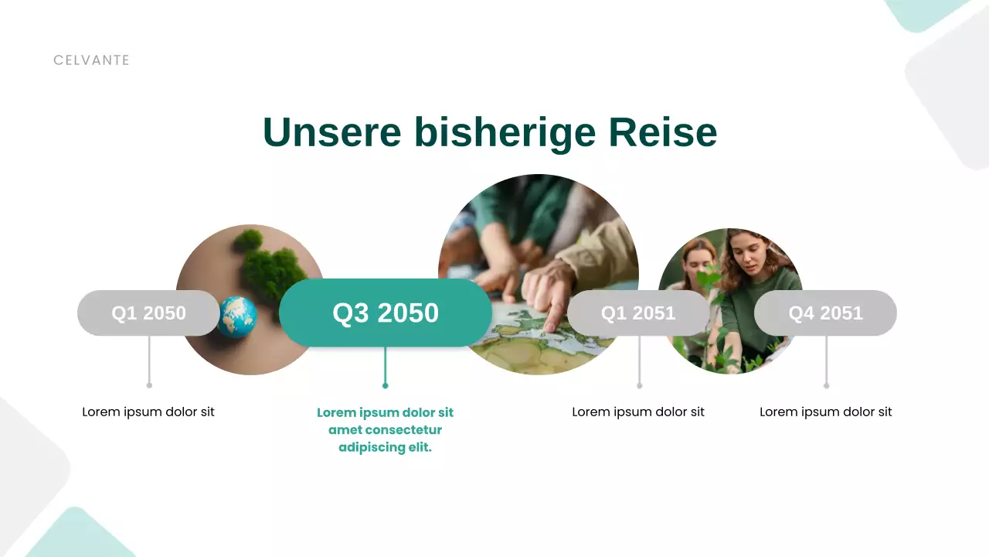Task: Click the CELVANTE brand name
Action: (x=91, y=60)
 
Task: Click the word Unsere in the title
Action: (x=331, y=132)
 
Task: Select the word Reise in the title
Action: (x=662, y=132)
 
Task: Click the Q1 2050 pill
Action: (x=148, y=313)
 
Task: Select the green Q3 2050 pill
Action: (x=385, y=313)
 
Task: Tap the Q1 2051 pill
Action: (x=638, y=313)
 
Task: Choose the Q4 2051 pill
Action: (x=825, y=313)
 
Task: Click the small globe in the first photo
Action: (x=237, y=316)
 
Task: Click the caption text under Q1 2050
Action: (x=148, y=412)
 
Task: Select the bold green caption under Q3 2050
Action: (x=385, y=429)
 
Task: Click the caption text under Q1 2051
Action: (x=638, y=412)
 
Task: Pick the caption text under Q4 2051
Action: (x=825, y=412)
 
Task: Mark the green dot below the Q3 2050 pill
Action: (x=385, y=385)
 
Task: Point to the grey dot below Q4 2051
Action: (x=826, y=385)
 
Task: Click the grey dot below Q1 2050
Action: (x=149, y=384)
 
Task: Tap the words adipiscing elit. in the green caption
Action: (x=385, y=447)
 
